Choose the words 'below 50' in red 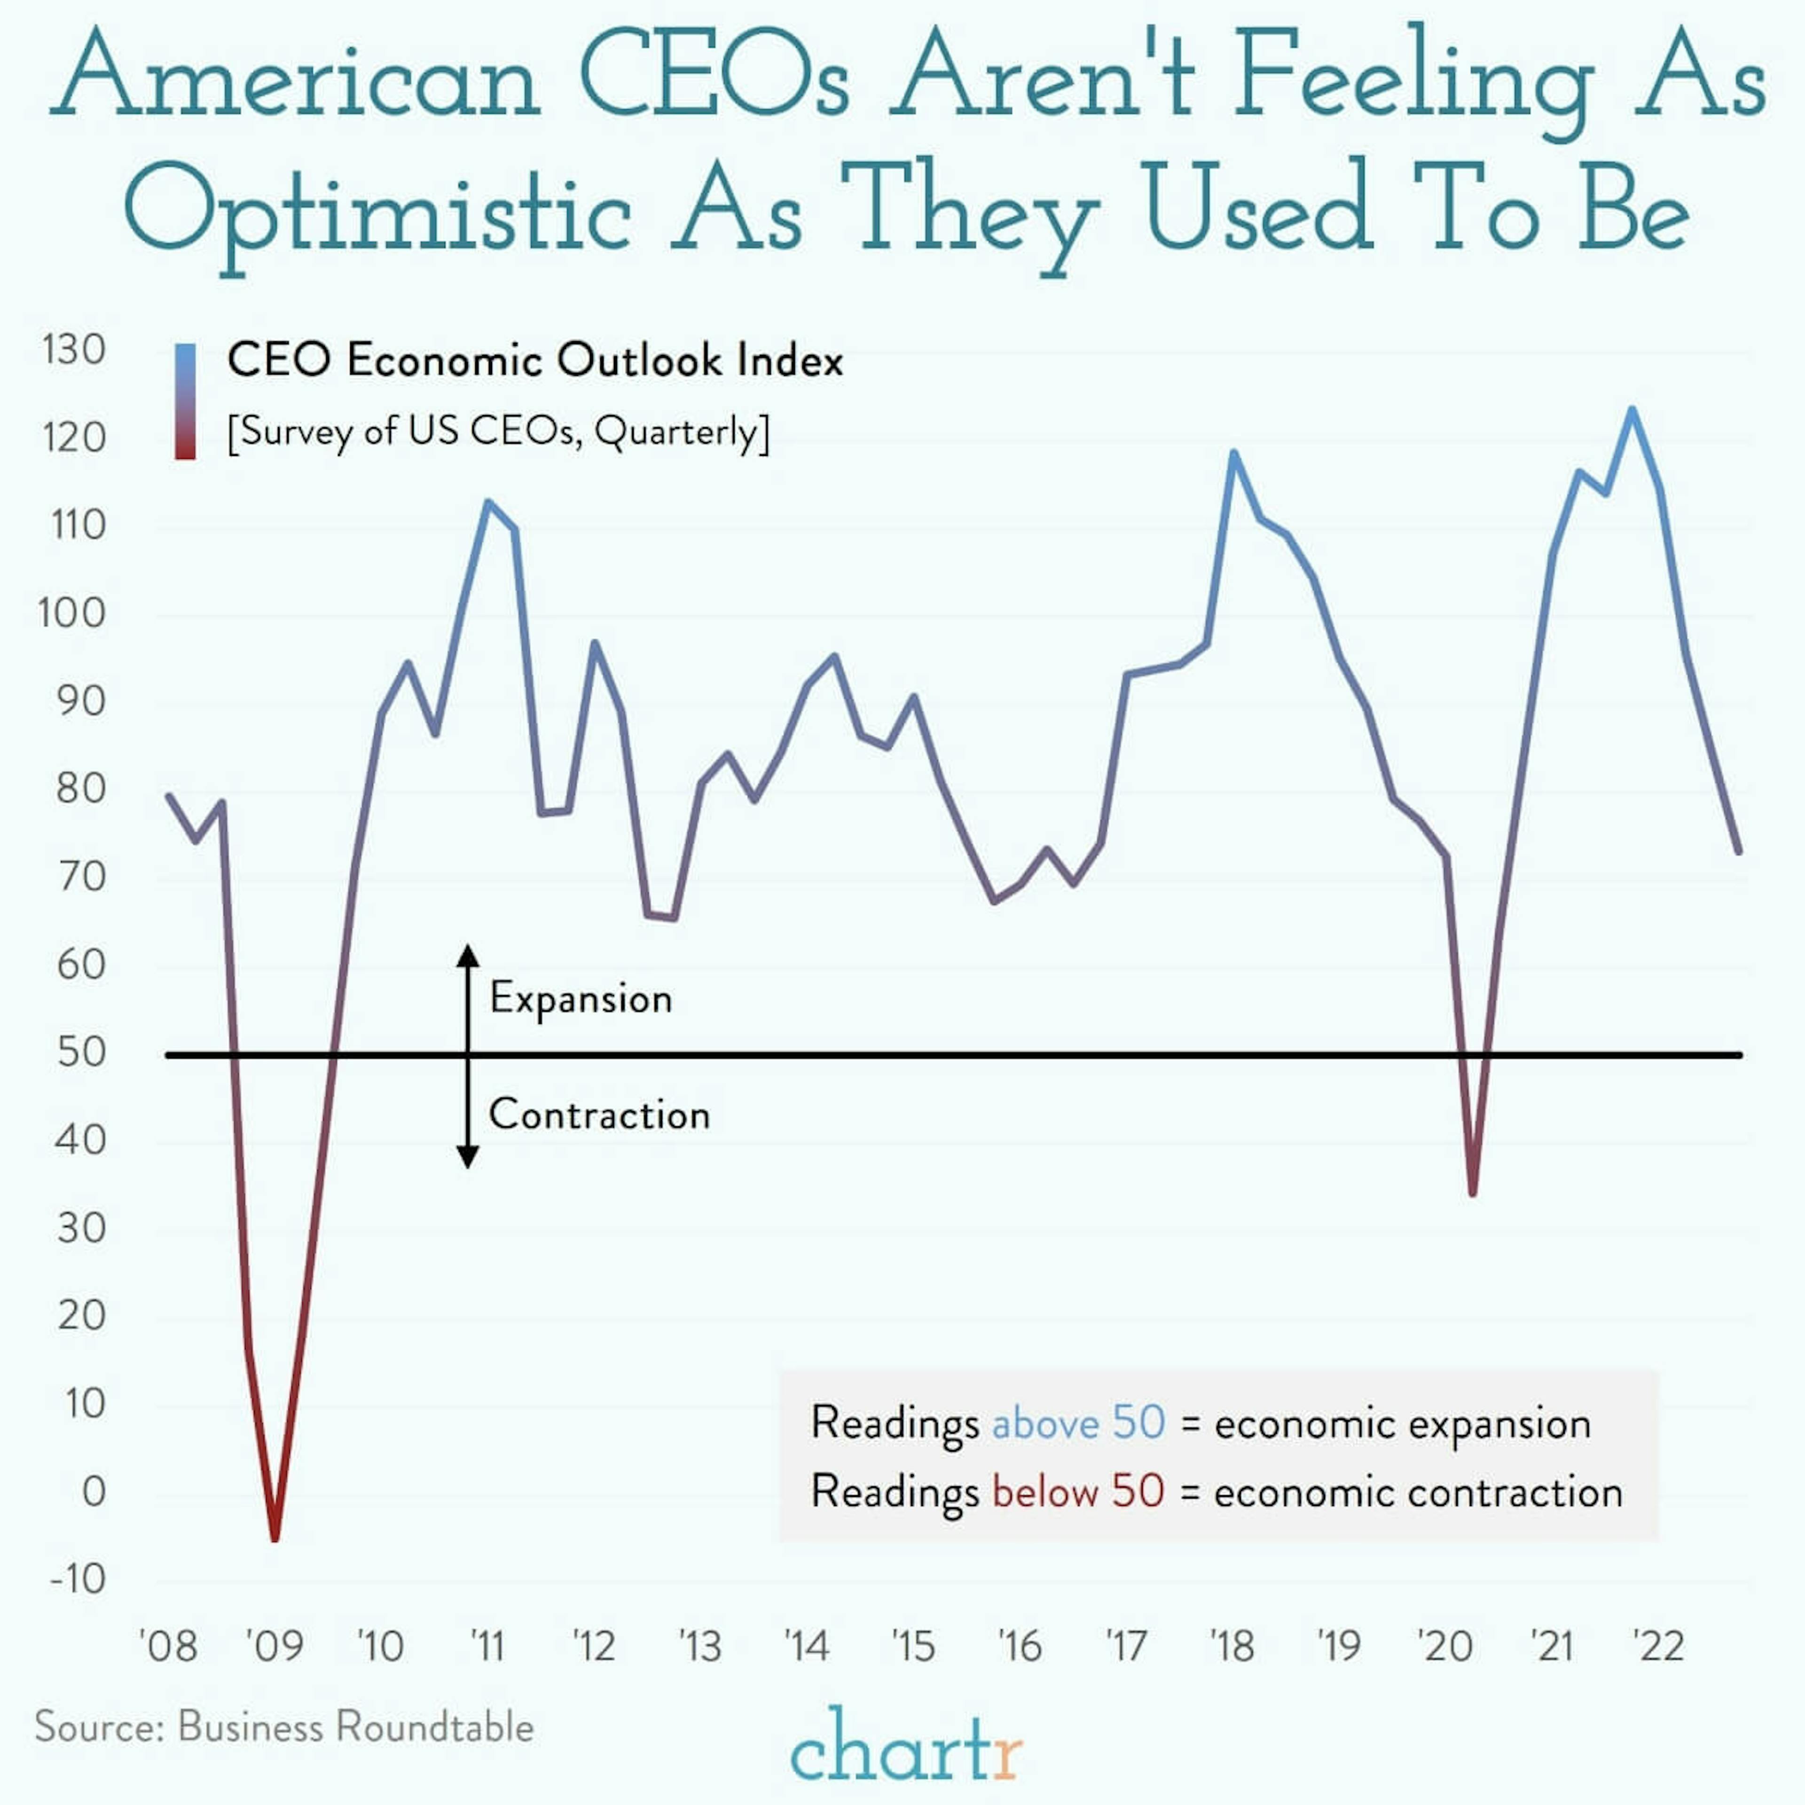1078,1492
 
